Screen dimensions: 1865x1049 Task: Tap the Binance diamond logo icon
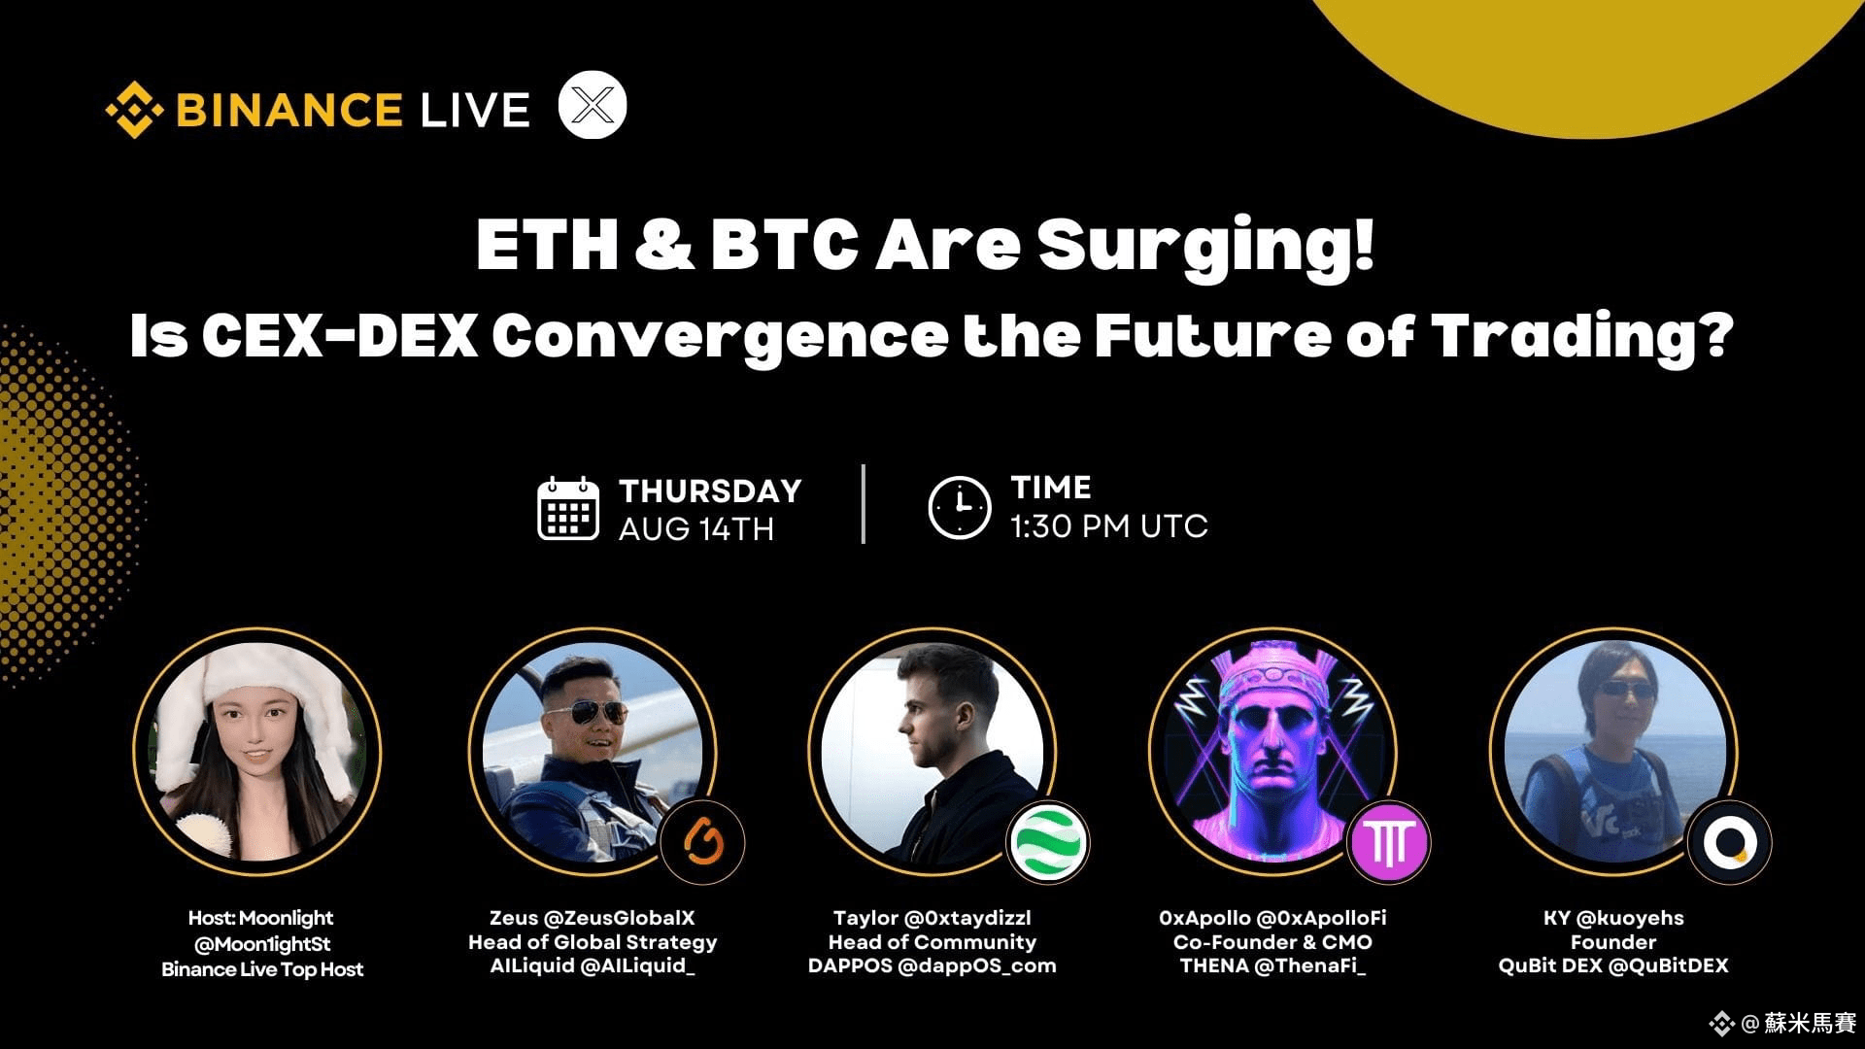click(x=134, y=110)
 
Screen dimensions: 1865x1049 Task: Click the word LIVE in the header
click(x=475, y=110)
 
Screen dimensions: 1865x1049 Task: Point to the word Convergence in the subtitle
click(x=720, y=338)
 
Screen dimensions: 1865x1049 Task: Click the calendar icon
click(x=568, y=508)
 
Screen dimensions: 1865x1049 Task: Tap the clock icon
click(x=960, y=507)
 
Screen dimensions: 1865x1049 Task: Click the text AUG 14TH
click(x=696, y=529)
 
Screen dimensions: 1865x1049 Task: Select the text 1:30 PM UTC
click(x=1109, y=526)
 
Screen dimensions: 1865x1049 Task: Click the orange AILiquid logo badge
click(x=702, y=841)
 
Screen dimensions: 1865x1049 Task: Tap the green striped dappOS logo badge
click(x=1048, y=842)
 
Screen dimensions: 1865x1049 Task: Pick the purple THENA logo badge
click(x=1389, y=842)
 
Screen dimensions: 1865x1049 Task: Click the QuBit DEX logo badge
click(x=1730, y=842)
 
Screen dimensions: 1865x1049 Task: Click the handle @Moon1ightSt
click(x=262, y=944)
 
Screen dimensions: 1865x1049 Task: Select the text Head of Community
click(x=932, y=942)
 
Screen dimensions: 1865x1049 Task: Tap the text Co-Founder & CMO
click(x=1272, y=942)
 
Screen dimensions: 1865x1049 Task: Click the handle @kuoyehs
click(x=1630, y=918)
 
